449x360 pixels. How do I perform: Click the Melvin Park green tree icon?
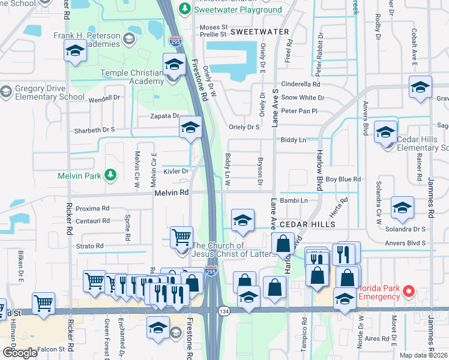pos(110,175)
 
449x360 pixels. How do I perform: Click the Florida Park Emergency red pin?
pos(409,292)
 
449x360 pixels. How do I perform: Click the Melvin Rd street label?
pos(171,193)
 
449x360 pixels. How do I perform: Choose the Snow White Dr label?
pos(303,97)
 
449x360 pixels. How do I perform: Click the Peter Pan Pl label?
pos(298,111)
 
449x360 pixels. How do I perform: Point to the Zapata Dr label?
pos(166,116)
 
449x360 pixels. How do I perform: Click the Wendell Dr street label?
pos(104,97)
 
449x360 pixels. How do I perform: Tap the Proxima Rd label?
pos(92,208)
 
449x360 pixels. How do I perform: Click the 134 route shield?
pos(224,311)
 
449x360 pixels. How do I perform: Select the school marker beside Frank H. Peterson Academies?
pos(75,51)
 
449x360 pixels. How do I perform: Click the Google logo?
pos(20,353)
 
